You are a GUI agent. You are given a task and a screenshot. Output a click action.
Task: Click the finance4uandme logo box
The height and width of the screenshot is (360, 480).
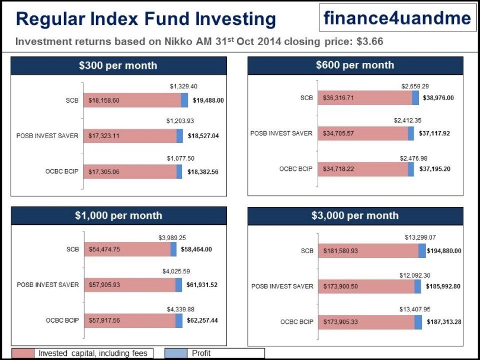point(396,18)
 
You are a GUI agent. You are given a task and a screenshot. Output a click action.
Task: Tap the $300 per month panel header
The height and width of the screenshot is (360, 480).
point(118,65)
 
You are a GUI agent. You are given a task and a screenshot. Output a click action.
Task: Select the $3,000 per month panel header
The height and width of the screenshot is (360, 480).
point(354,215)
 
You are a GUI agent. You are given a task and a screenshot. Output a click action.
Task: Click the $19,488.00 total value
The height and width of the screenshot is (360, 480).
point(208,100)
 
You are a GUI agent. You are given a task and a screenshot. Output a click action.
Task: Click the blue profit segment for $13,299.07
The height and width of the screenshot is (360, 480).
point(422,251)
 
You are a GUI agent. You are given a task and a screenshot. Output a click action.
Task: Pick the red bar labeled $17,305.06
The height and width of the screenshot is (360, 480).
point(130,171)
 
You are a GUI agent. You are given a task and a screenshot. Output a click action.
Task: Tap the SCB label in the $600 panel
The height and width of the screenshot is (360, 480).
point(306,98)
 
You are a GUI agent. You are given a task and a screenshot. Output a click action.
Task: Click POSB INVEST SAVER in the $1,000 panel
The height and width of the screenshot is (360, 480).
point(47,285)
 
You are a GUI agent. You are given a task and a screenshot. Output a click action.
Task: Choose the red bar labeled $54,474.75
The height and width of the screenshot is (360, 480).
point(127,250)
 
